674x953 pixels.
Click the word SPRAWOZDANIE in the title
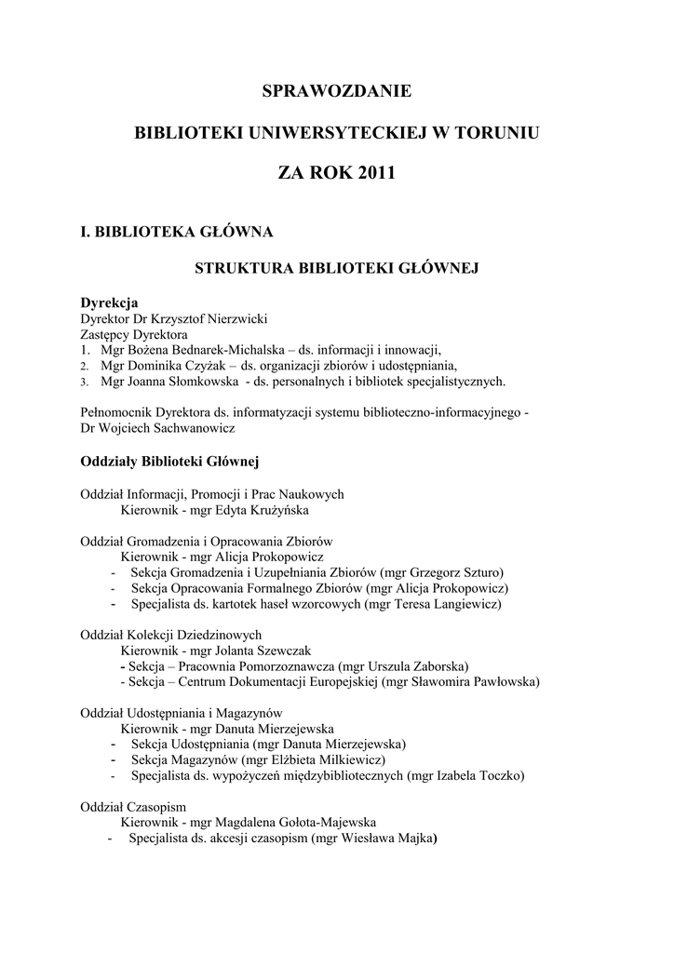(x=336, y=91)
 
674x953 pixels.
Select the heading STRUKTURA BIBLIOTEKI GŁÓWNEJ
(x=336, y=269)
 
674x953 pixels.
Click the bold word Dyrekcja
(x=109, y=303)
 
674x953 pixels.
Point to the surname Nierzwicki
(x=229, y=318)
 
